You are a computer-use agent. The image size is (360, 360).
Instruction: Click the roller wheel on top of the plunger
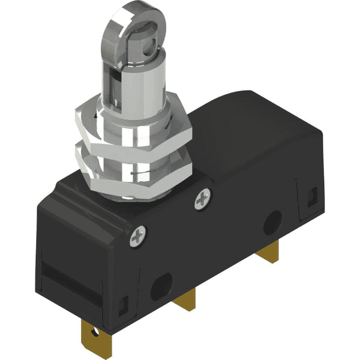[x=127, y=18]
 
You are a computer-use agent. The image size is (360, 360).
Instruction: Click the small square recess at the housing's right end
[x=311, y=194]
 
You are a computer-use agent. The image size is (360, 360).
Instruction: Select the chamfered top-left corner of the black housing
[x=57, y=189]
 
